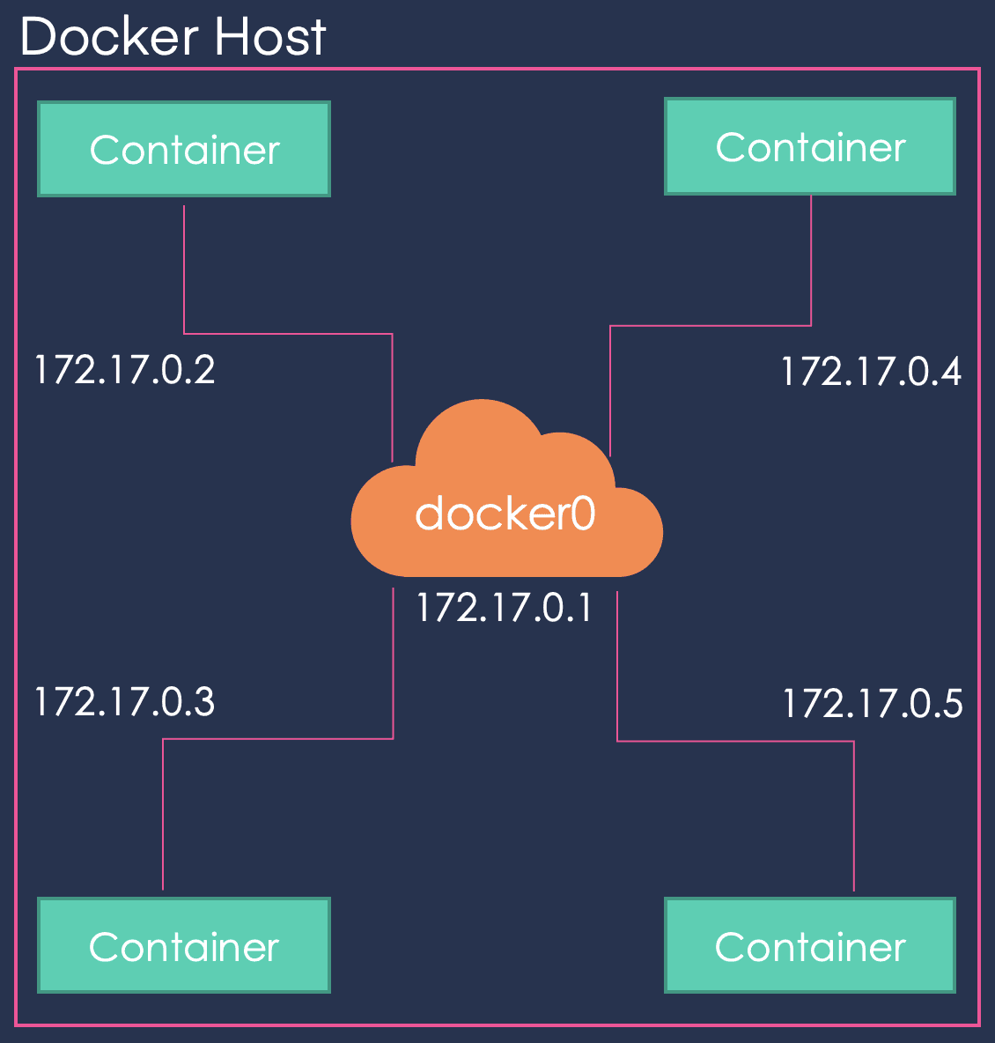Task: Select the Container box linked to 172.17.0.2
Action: click(x=184, y=149)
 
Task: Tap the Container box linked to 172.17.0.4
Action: click(x=810, y=146)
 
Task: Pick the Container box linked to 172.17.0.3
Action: click(x=184, y=946)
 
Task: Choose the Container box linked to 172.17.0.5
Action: click(x=810, y=946)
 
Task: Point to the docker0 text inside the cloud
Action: click(x=505, y=513)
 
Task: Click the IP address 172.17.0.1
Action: click(x=505, y=608)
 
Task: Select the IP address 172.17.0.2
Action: click(x=124, y=369)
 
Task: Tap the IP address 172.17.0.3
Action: click(x=124, y=702)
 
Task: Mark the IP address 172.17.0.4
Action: click(x=871, y=371)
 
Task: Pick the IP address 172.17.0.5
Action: click(x=873, y=704)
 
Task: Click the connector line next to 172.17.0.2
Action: click(x=288, y=334)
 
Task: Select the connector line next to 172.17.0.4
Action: click(x=711, y=326)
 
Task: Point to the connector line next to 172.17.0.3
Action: click(x=278, y=738)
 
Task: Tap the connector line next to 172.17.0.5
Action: click(x=735, y=741)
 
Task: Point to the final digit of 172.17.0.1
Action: click(x=584, y=608)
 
